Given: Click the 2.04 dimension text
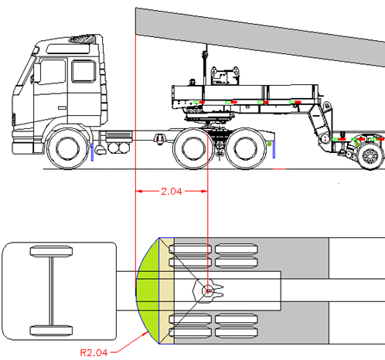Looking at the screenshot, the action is point(172,192).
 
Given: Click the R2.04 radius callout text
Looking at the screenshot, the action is point(94,352).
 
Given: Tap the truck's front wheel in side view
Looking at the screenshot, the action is point(68,149).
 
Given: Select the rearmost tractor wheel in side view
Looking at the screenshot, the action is point(245,149).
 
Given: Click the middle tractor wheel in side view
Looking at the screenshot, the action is point(193,149).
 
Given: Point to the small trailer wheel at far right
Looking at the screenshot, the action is point(370,155).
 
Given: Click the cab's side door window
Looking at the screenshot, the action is point(53,72).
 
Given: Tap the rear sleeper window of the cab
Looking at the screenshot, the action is point(83,71).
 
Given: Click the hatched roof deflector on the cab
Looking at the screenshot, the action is point(82,39).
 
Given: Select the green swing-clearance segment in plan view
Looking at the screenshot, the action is point(148,290).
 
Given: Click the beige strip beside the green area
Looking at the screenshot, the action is point(166,290).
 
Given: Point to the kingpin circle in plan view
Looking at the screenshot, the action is point(207,291).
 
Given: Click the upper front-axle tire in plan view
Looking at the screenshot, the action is point(51,251).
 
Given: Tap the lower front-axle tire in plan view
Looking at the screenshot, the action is point(51,331).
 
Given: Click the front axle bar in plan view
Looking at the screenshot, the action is point(52,291).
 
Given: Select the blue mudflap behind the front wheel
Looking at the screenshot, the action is point(92,152).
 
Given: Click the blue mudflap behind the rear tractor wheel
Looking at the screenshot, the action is point(274,149).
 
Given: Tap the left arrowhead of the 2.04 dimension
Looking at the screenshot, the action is point(139,192).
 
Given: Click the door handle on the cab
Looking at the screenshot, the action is point(62,108).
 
